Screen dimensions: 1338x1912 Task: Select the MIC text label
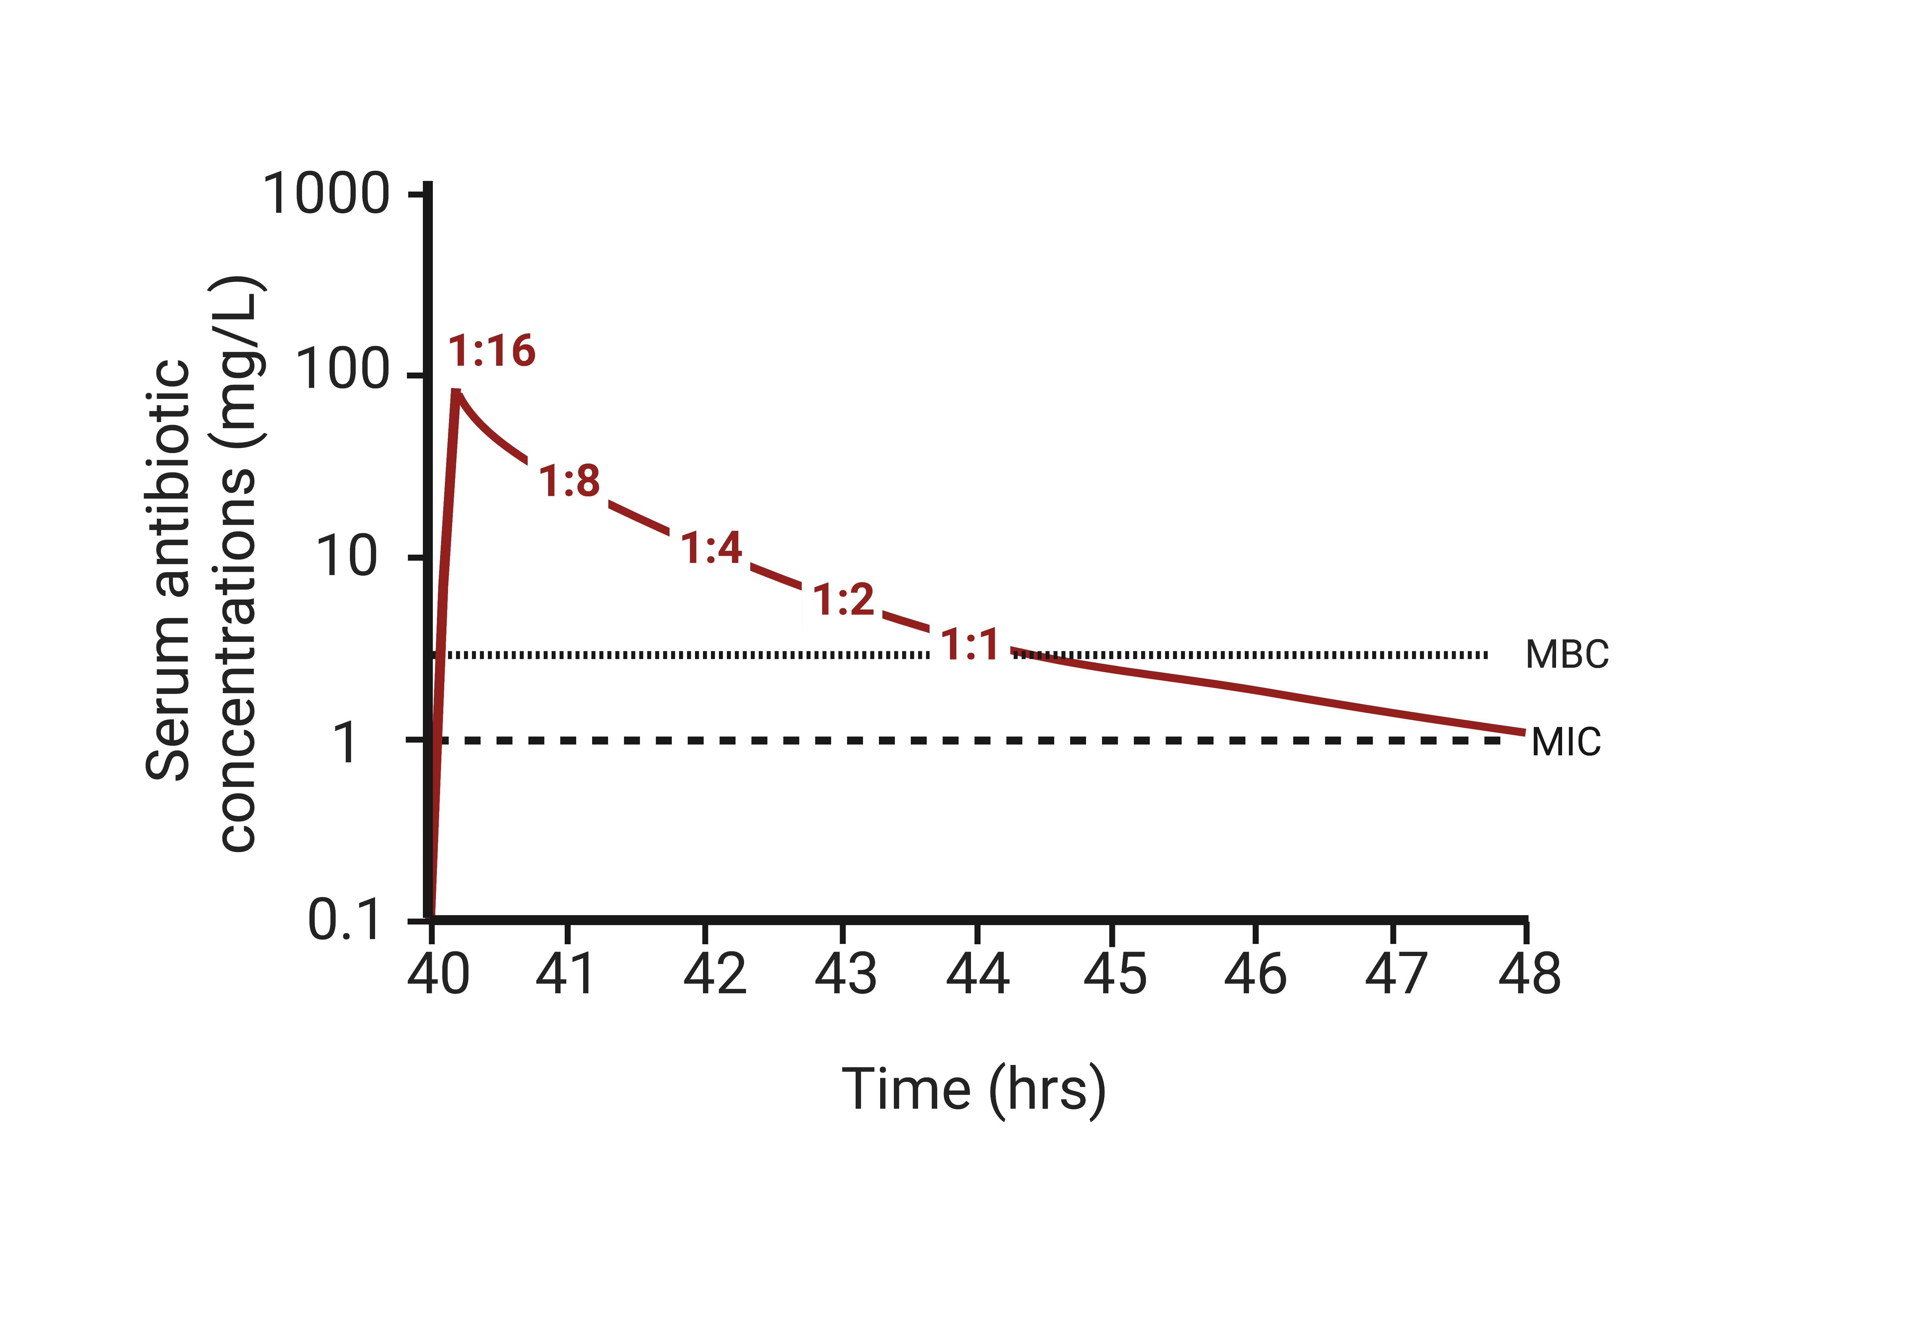1566,742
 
